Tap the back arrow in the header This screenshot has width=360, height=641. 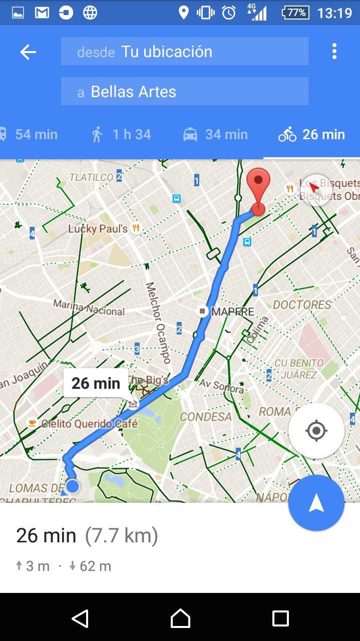(28, 52)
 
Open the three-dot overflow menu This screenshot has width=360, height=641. (334, 51)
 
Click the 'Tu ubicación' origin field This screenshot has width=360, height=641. (184, 51)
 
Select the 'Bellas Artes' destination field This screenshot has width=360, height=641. (184, 91)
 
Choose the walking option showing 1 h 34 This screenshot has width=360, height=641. (121, 134)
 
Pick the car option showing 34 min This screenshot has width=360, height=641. (215, 134)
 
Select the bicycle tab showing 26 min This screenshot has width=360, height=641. (311, 134)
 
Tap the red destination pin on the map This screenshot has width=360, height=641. (258, 190)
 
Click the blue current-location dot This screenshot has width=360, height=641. (73, 486)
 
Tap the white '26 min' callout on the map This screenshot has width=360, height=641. (96, 383)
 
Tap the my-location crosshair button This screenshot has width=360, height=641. (316, 431)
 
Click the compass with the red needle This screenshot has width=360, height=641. (315, 189)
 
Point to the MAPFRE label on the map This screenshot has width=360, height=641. (232, 311)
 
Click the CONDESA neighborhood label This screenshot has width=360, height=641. (206, 417)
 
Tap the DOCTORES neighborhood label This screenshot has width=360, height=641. (302, 304)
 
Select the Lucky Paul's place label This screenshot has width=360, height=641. (98, 229)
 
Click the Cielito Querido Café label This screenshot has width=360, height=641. (89, 424)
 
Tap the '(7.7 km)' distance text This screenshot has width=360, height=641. (121, 535)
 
